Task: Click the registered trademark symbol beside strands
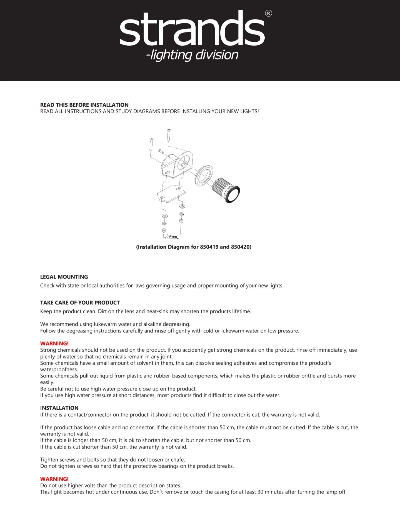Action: point(268,13)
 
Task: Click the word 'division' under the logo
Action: point(217,55)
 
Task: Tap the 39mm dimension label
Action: point(171,236)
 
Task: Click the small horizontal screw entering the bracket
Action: point(161,152)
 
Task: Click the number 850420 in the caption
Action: point(240,247)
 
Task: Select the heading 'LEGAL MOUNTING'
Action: point(64,277)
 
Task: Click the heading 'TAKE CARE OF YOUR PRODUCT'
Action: point(80,303)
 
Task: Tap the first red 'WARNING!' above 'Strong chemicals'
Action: point(54,344)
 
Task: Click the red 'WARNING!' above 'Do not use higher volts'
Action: point(54,479)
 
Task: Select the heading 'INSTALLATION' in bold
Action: point(59,408)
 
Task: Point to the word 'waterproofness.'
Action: point(59,369)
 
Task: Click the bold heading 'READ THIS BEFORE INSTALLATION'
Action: point(84,105)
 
